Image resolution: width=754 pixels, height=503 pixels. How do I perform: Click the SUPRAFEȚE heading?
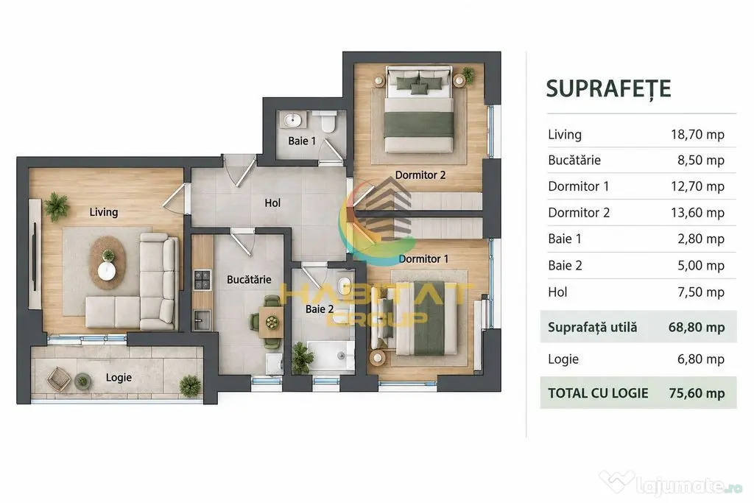pos(608,89)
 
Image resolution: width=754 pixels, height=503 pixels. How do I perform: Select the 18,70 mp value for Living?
pos(697,135)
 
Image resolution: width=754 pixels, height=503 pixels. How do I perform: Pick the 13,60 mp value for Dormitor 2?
pos(697,213)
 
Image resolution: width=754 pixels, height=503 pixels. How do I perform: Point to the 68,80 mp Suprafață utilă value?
pos(697,328)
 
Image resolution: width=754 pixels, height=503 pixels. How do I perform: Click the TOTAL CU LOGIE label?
pos(598,393)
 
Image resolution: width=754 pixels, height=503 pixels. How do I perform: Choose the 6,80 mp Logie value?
pos(701,359)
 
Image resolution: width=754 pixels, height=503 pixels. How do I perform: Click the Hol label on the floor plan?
pos(272,203)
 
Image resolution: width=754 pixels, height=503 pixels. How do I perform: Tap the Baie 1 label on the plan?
pos(302,141)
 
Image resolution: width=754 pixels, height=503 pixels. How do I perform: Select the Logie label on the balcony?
pos(119,378)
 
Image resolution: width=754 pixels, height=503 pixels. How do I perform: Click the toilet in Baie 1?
pos(328,122)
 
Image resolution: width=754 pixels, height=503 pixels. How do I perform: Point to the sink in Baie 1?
pos(292,120)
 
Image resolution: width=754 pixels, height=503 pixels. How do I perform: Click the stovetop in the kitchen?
pos(202,280)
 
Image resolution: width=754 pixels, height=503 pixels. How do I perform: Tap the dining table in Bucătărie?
pos(271,322)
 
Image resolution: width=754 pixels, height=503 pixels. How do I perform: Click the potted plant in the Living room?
pos(57,207)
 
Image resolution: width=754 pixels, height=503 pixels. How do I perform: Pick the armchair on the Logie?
pos(59,378)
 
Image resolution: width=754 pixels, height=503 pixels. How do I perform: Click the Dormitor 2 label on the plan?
pos(420,175)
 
